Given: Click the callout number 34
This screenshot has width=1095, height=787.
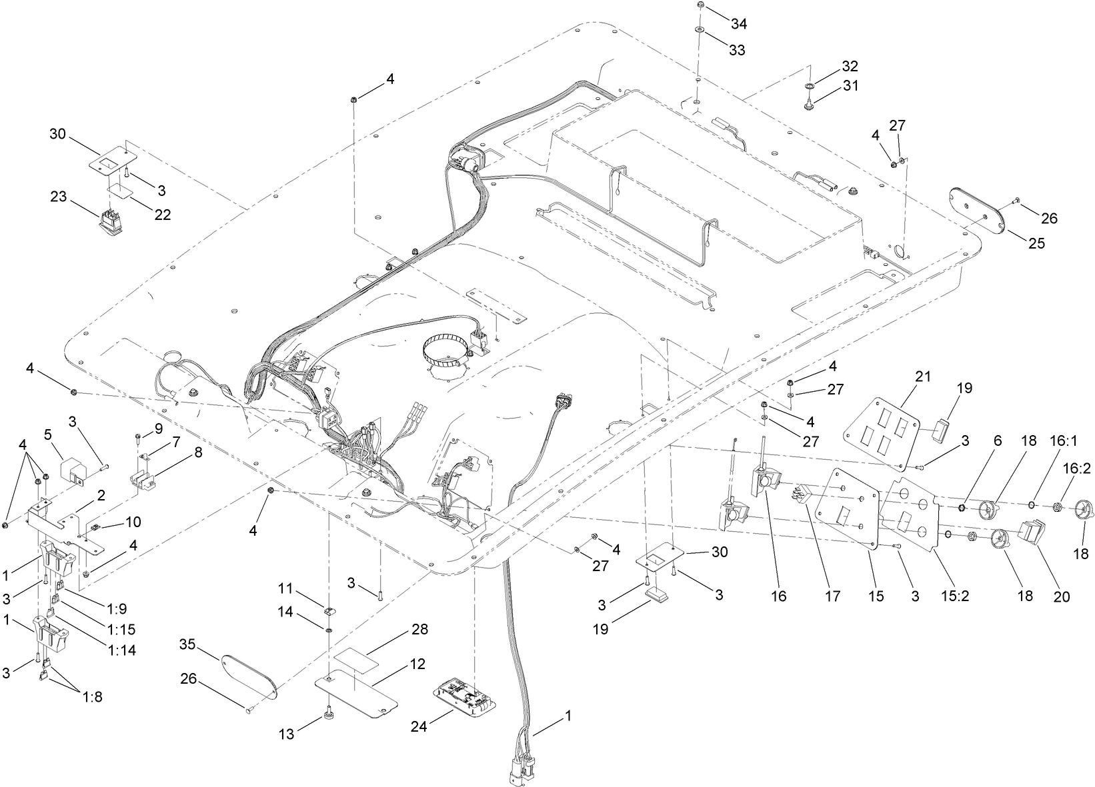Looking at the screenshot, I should coord(738,24).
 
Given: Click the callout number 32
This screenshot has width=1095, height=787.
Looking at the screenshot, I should coord(849,66).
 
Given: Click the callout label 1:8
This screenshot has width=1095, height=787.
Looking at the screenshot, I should coord(93,698).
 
